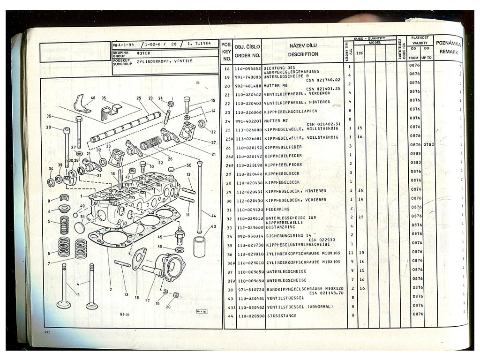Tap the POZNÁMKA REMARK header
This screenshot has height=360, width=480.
tap(449, 47)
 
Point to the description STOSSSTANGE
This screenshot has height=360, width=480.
tap(279, 316)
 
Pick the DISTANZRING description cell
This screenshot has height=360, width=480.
tap(280, 227)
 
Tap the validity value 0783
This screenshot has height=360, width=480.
tap(427, 144)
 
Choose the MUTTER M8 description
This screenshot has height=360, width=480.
tap(276, 86)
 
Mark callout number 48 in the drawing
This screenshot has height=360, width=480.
tap(92, 98)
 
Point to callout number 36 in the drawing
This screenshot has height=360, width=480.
tap(48, 116)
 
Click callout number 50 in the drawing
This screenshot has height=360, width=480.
tap(188, 165)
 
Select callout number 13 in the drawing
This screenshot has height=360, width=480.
tap(126, 294)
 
